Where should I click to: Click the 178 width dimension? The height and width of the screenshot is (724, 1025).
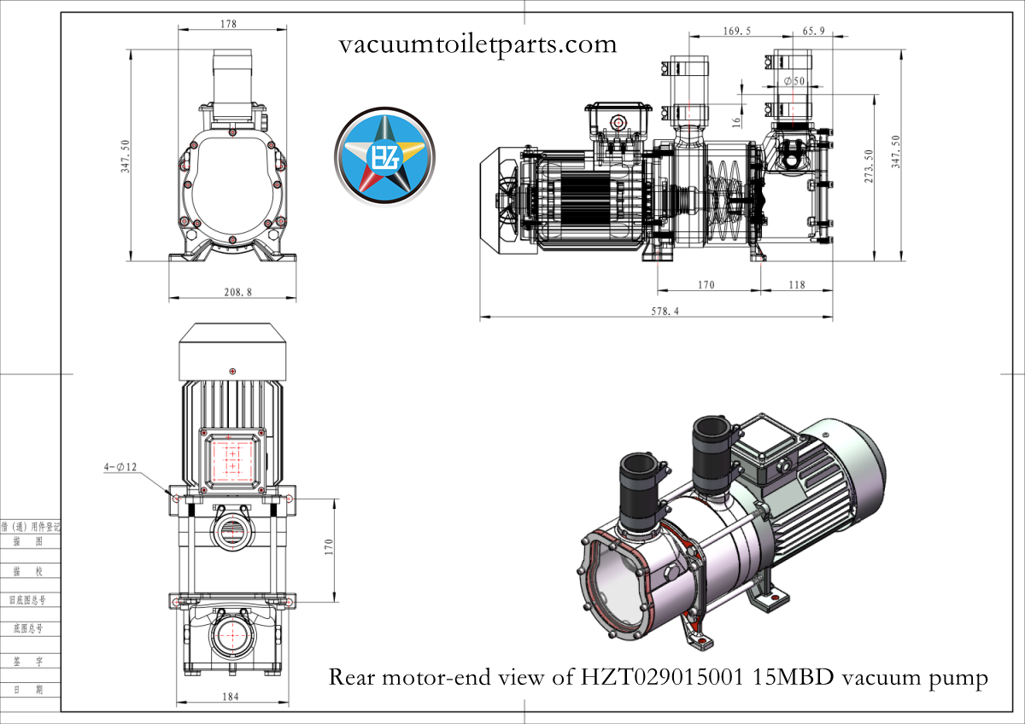pyautogui.click(x=228, y=25)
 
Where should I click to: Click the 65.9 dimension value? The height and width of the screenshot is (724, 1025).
pyautogui.click(x=814, y=31)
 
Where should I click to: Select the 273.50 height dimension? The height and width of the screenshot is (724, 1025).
pyautogui.click(x=869, y=166)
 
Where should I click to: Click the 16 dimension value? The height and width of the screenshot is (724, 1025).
pyautogui.click(x=737, y=121)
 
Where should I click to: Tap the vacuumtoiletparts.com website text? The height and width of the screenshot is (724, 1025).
pyautogui.click(x=477, y=44)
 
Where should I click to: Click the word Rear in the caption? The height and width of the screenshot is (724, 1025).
pyautogui.click(x=352, y=678)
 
